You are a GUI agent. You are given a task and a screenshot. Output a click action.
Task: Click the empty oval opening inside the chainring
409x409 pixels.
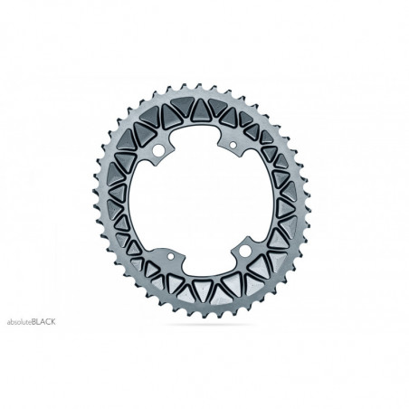click(204, 203)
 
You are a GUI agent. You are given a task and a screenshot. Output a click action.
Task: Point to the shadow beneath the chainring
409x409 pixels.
click(204, 318)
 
